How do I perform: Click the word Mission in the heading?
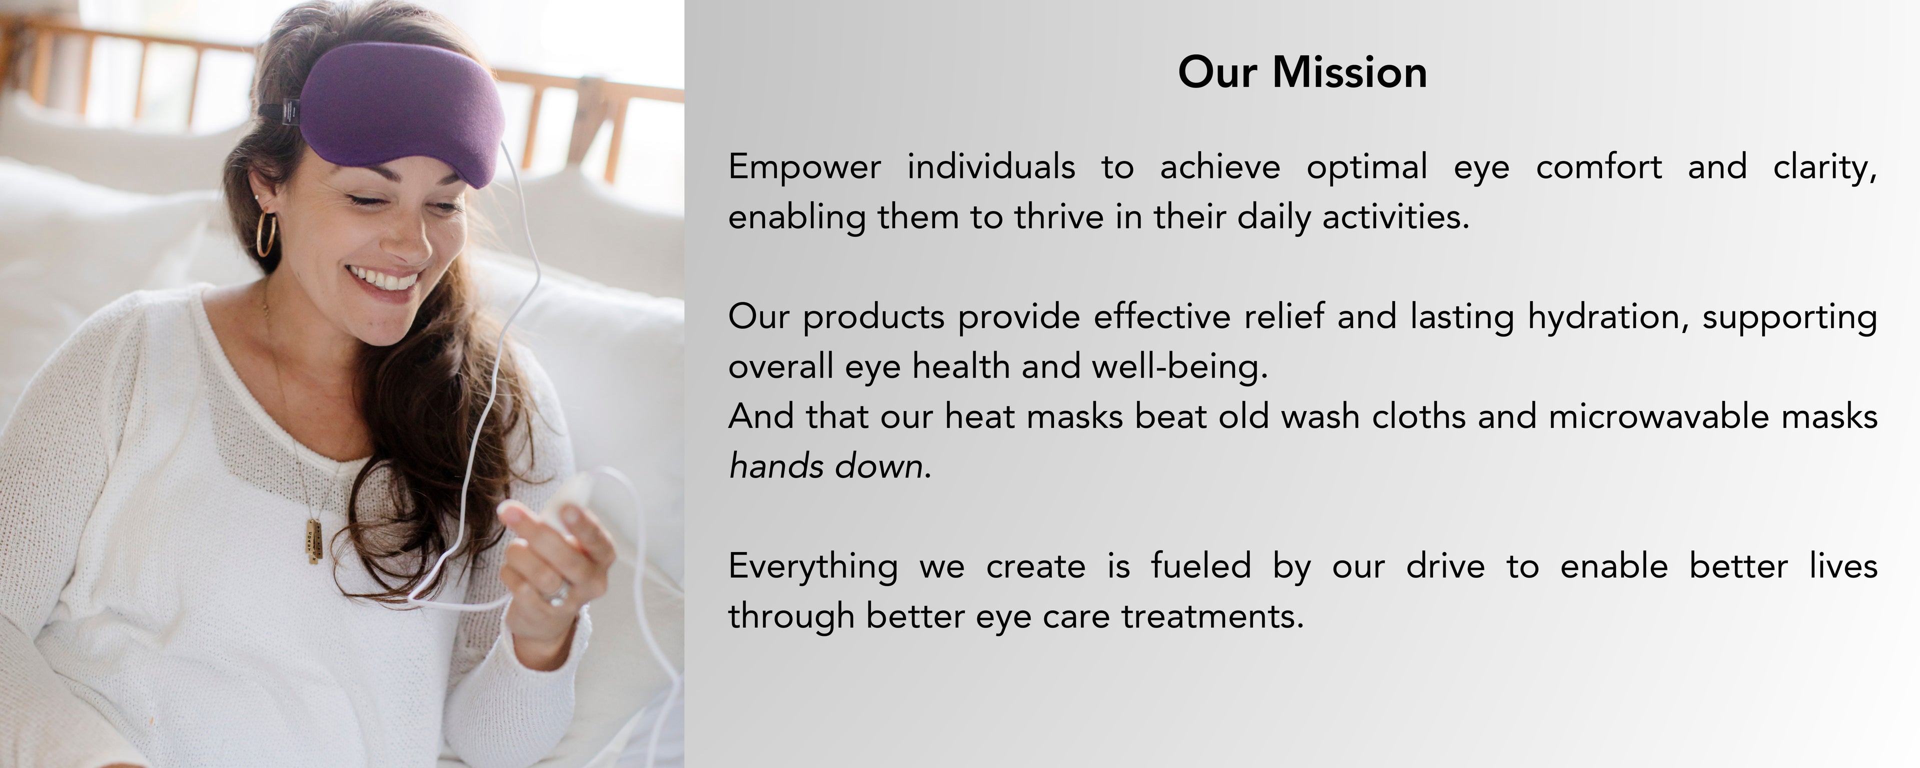[x=1349, y=72]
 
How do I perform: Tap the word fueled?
[x=1200, y=566]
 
